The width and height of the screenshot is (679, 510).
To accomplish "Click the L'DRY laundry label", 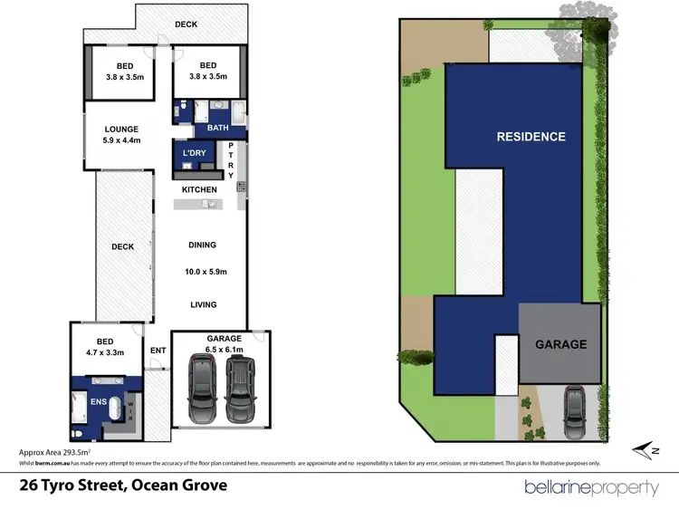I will [x=195, y=153].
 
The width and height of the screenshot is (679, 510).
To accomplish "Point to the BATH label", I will [x=218, y=128].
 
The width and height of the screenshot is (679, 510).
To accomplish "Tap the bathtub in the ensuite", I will [x=116, y=409].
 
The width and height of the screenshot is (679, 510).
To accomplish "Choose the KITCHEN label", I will [x=199, y=189].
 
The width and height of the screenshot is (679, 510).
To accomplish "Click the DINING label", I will [x=202, y=245].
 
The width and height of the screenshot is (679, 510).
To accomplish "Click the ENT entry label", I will [x=158, y=350].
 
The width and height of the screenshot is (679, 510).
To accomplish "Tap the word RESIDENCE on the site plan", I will [x=531, y=138].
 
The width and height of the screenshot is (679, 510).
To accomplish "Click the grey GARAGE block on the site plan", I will [x=559, y=344].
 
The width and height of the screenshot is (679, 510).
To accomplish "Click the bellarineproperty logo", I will [x=592, y=487].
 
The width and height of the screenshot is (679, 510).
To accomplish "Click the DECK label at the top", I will [x=186, y=24].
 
